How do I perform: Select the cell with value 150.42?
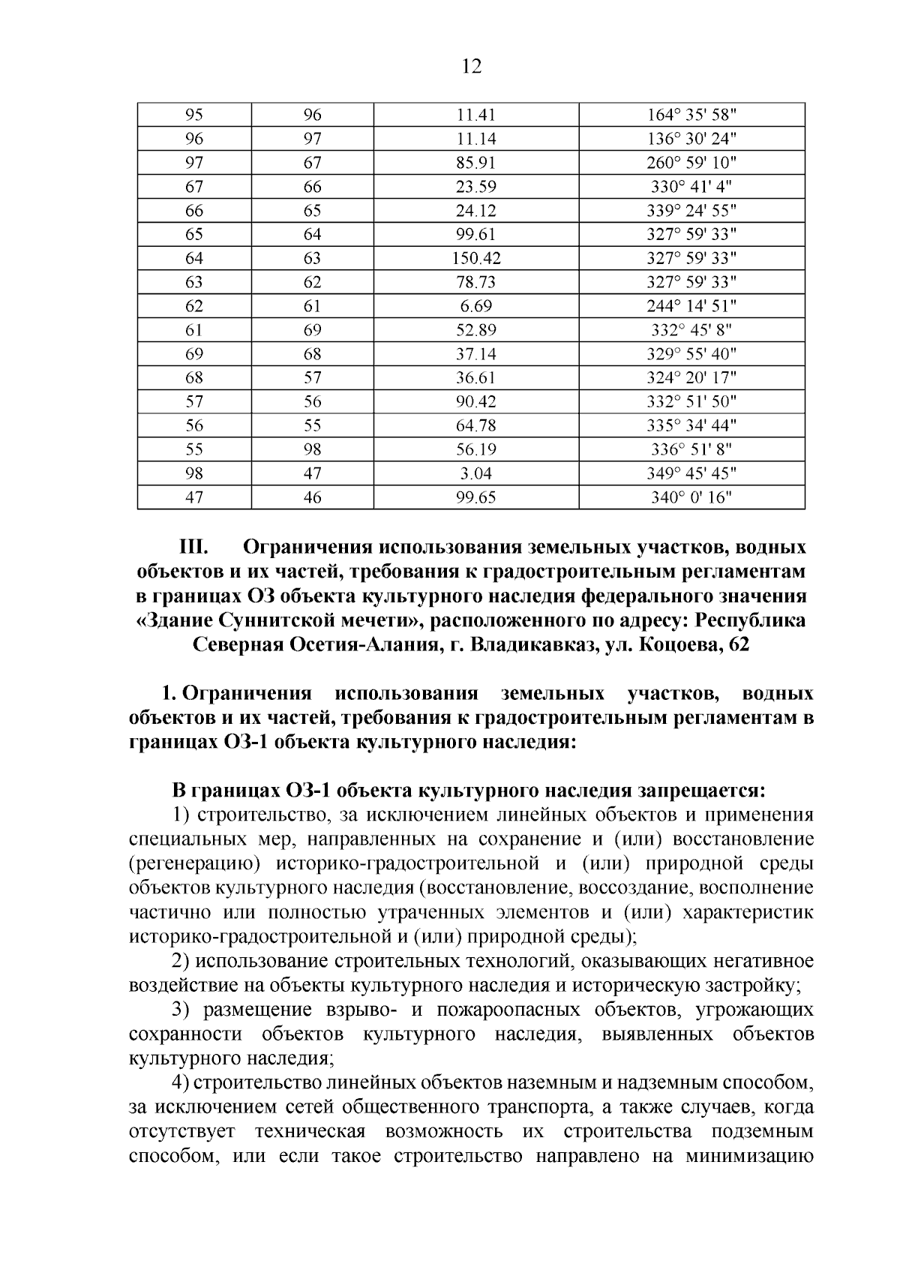click(x=476, y=259)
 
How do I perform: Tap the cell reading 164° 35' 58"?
click(x=691, y=116)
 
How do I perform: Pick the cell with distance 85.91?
click(x=476, y=163)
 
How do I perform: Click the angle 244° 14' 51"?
click(x=691, y=306)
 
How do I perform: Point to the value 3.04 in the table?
click(x=476, y=473)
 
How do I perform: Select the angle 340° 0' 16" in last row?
click(x=691, y=497)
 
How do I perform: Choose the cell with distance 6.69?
click(x=476, y=306)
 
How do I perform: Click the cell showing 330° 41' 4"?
click(x=691, y=187)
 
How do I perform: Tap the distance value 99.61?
click(x=476, y=235)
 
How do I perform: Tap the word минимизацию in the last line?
click(x=749, y=1156)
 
